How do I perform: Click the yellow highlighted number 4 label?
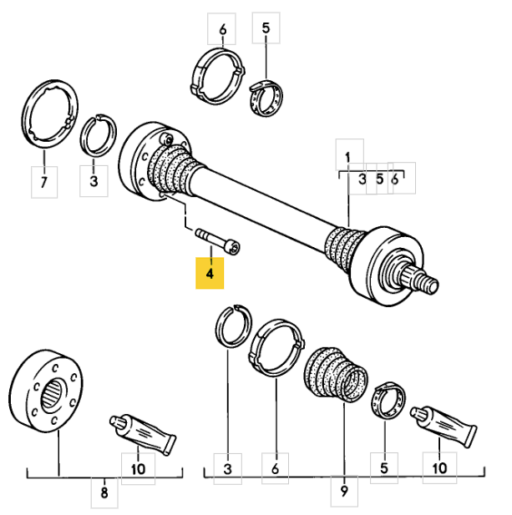(210, 273)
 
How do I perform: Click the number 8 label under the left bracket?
(104, 493)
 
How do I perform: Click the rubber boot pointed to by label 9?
(332, 377)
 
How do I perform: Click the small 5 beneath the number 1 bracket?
(379, 178)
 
